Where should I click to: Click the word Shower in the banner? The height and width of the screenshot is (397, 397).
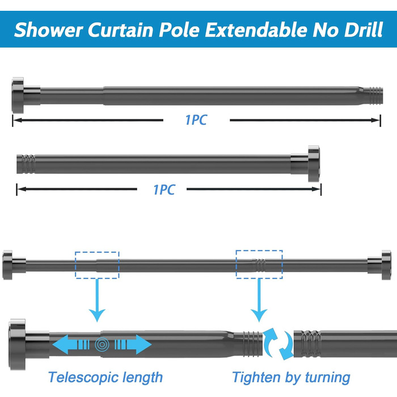tap(48, 30)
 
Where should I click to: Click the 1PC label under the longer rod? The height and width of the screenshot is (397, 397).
tap(196, 120)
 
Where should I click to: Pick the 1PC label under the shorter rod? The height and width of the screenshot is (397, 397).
tap(164, 189)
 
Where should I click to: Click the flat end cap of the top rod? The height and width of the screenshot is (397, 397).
tap(18, 95)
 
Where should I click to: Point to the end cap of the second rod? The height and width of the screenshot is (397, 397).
tap(314, 163)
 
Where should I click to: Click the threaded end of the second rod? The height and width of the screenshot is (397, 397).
tap(26, 164)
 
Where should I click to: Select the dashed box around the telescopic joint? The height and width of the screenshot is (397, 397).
tap(97, 265)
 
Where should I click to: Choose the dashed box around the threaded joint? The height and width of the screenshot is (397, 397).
tap(259, 265)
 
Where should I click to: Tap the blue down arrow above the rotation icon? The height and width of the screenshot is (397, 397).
tap(259, 300)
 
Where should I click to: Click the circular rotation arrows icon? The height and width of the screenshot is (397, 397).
tap(278, 344)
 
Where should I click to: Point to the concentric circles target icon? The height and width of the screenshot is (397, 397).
tap(102, 344)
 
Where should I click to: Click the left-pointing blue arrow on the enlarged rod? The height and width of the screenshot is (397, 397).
tap(71, 344)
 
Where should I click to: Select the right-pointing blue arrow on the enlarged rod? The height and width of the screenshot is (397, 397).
tap(133, 344)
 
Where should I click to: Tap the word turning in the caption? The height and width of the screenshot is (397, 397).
tap(328, 378)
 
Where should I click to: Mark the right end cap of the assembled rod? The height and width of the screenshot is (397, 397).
tap(386, 265)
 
